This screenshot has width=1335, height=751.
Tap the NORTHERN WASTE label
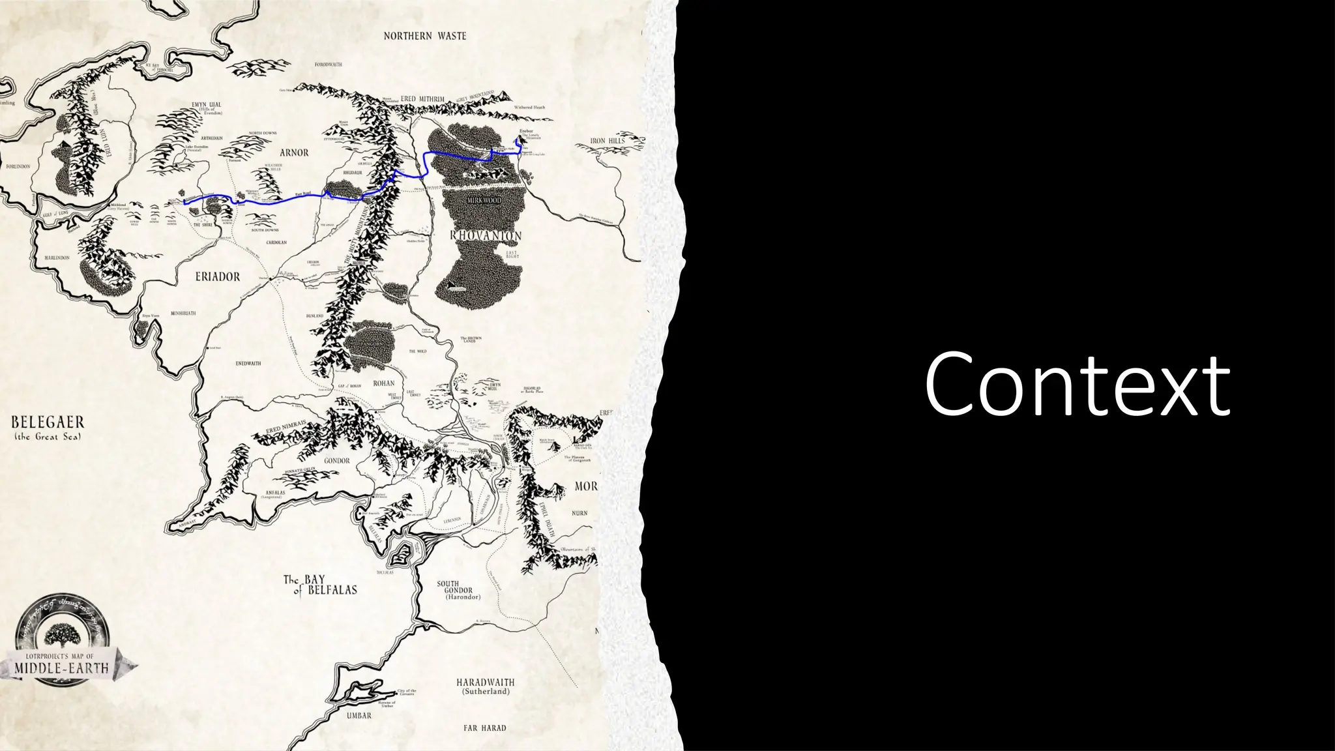tap(425, 36)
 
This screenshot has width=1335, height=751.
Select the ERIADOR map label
tap(218, 276)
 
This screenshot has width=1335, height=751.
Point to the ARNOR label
tap(294, 153)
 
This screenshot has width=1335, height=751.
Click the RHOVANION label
tap(486, 235)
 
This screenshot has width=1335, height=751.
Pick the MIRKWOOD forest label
tap(484, 200)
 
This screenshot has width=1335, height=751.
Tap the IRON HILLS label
tap(607, 141)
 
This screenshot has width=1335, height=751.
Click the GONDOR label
tap(337, 460)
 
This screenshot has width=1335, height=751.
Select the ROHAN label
tap(384, 383)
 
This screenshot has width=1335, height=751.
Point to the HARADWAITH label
tap(485, 682)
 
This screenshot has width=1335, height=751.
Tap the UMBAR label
tap(359, 715)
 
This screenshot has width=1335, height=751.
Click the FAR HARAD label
tap(484, 728)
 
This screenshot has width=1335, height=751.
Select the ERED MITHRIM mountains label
tap(422, 99)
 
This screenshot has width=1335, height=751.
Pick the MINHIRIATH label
tap(183, 314)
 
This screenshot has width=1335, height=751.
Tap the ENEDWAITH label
tap(248, 363)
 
